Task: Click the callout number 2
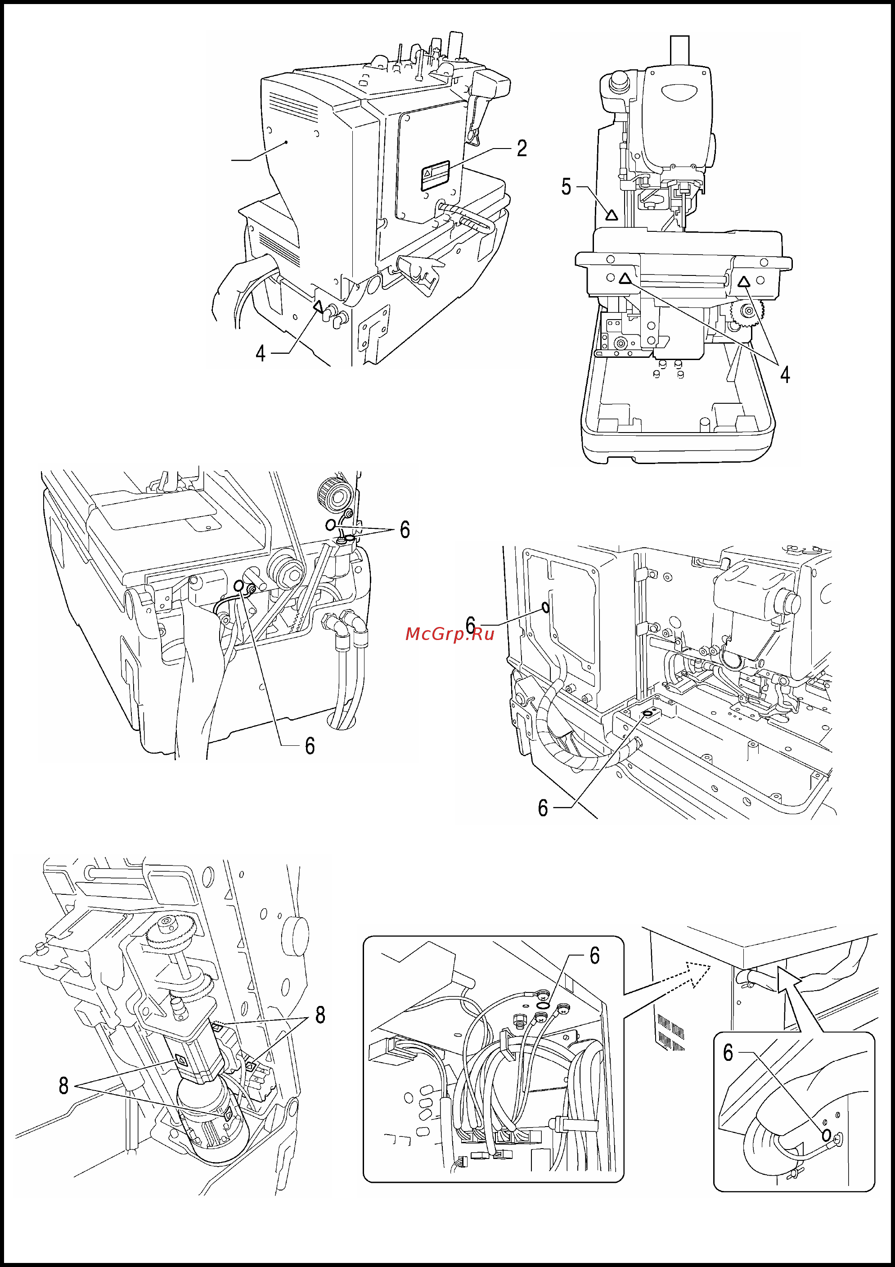pos(522,148)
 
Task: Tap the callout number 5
pos(566,186)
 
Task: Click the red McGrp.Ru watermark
pos(450,634)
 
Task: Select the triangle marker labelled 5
pos(612,215)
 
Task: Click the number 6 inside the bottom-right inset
pos(728,1053)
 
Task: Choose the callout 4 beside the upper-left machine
pos(261,353)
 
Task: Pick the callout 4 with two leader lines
pos(785,374)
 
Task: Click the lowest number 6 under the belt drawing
pos(310,746)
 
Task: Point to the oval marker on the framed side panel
pos(546,608)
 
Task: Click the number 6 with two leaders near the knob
pos(405,530)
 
